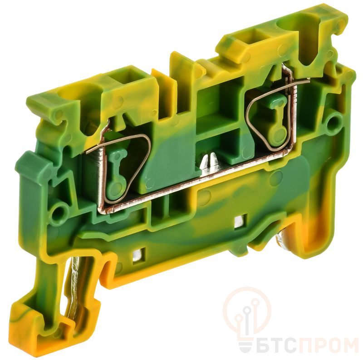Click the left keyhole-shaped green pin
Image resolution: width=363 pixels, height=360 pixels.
pos(115,172)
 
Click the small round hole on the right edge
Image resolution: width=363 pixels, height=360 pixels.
pos(333,122)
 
